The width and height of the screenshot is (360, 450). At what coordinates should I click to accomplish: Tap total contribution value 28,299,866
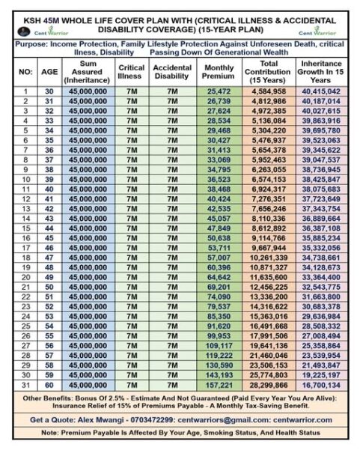coord(272,384)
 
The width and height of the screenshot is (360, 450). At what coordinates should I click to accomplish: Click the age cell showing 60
coord(49,384)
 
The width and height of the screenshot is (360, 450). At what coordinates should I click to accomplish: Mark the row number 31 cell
coord(25,384)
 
